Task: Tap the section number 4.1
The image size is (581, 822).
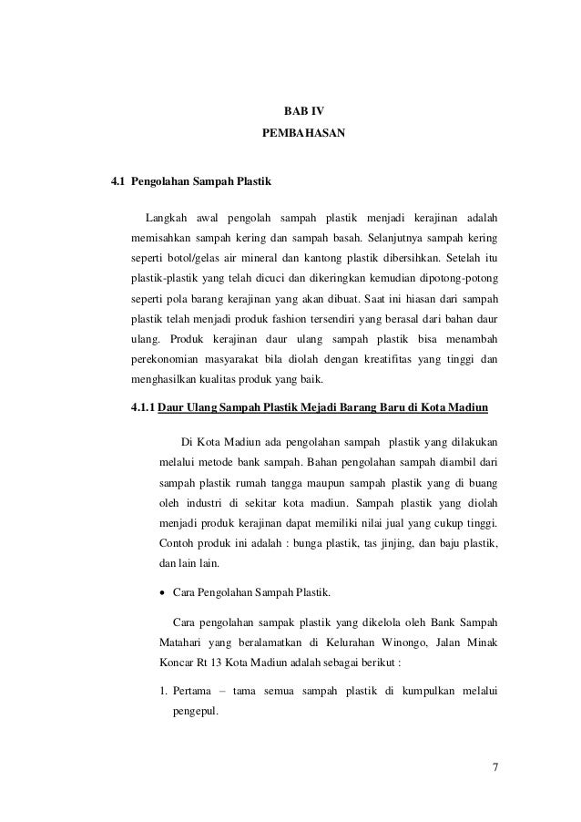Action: click(117, 181)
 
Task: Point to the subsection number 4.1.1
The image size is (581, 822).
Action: click(141, 407)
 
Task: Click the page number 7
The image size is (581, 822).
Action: click(494, 767)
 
